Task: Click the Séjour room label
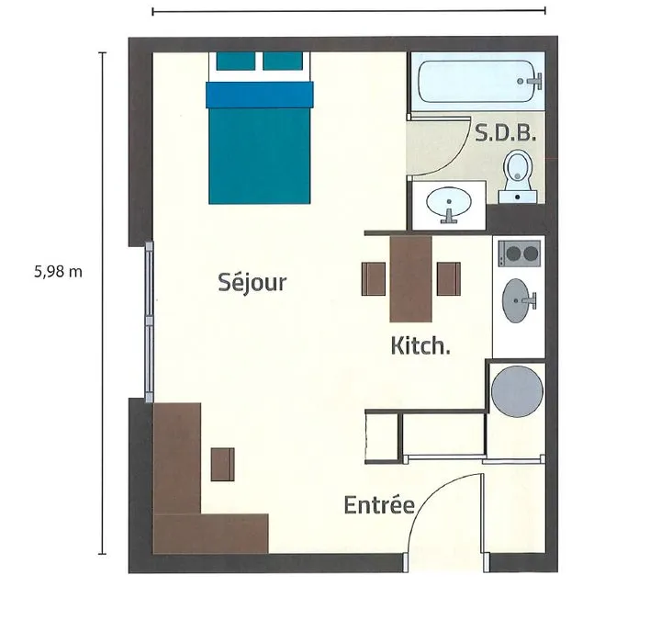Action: coord(252,283)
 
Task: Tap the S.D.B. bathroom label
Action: coord(505,133)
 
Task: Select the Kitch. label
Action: coord(420,346)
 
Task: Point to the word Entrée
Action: coord(379,504)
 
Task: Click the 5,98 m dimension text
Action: coord(58,272)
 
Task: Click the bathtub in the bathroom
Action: coord(476,81)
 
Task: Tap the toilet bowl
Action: coord(518,176)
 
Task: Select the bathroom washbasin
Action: coord(449,204)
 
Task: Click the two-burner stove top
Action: coord(519,254)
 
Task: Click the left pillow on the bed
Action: coord(235,61)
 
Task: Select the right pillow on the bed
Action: coord(283,61)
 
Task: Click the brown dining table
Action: coord(410,278)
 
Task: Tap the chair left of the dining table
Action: coord(374,278)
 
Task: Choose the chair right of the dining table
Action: coord(449,278)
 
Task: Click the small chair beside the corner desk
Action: coord(222,465)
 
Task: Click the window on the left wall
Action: coord(150,321)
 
